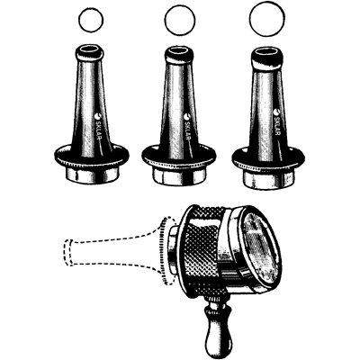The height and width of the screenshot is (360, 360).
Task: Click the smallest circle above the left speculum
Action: click(x=91, y=19)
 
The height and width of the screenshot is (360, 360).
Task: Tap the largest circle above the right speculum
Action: click(x=268, y=18)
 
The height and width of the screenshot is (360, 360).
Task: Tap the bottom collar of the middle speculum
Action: click(x=181, y=176)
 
